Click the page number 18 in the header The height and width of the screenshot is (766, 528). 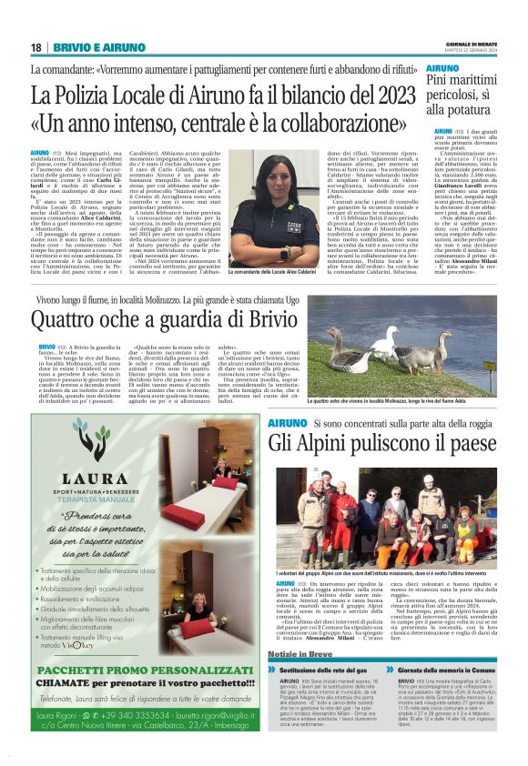point(36,47)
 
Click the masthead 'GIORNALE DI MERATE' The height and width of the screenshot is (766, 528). point(472,43)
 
